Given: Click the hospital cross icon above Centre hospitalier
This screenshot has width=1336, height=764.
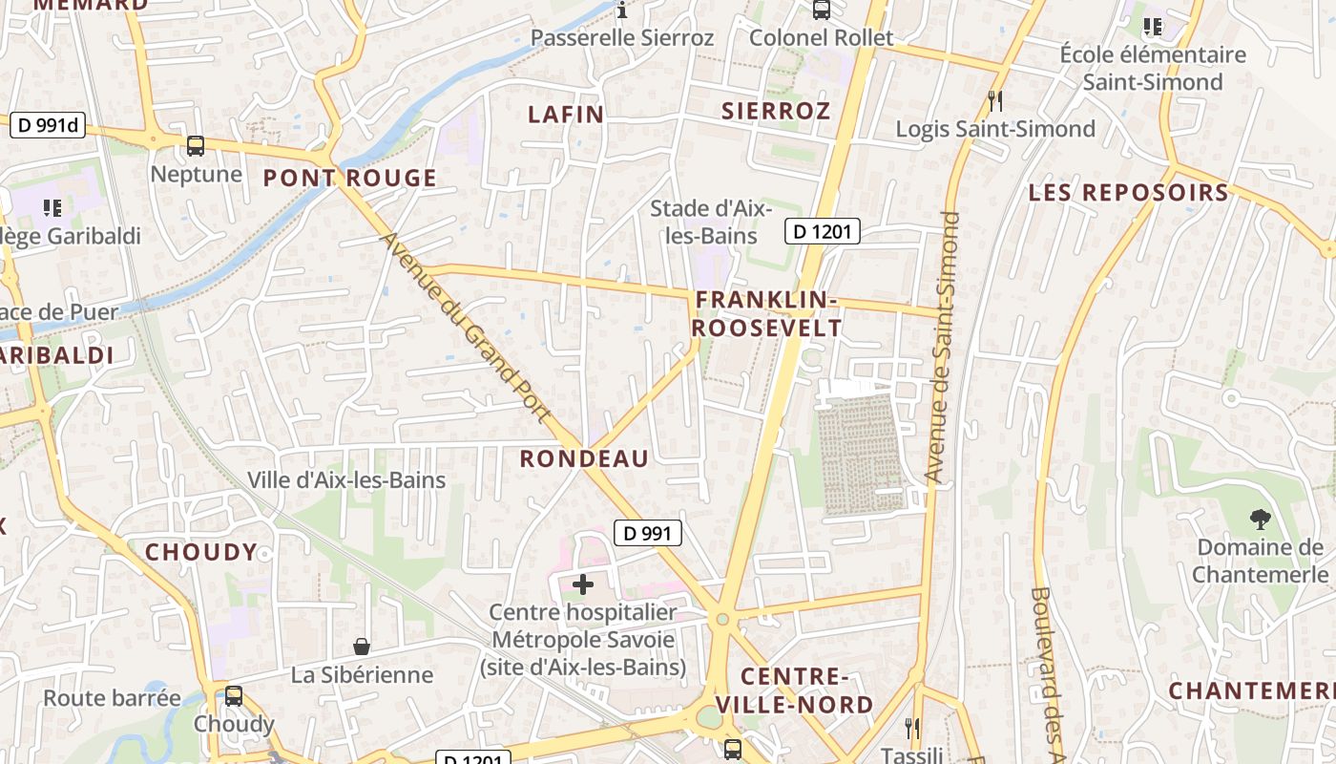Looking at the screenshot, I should point(582,584).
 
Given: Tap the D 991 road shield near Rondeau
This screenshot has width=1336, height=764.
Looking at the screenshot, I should point(648,533).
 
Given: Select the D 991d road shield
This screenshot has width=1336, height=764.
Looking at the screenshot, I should point(48,124).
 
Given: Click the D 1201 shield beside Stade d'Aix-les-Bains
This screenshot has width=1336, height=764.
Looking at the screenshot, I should point(823,230).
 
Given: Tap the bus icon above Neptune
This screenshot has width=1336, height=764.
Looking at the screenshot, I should point(196,146).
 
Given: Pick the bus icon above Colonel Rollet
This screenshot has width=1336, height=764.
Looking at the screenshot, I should point(821,11).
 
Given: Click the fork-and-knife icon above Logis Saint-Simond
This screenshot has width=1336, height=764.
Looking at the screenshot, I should point(995,100).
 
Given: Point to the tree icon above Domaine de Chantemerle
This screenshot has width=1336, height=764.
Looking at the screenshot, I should point(1260,520).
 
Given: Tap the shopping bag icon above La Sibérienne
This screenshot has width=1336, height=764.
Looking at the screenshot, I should point(362,647).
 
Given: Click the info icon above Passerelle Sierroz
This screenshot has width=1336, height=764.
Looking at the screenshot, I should point(622,11).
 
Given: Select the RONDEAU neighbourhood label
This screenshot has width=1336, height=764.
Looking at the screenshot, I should point(584,458).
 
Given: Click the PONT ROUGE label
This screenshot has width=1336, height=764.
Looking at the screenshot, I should point(349,178).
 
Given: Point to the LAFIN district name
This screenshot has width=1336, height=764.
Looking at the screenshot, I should point(566,115).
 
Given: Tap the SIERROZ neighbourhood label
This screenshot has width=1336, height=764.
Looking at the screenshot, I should point(776,111).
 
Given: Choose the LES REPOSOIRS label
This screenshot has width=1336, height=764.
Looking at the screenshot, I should point(1128,192).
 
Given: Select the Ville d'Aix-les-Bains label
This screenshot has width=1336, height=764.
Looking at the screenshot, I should point(346,479).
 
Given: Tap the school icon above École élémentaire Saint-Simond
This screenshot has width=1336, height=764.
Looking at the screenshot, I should point(1153,28).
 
